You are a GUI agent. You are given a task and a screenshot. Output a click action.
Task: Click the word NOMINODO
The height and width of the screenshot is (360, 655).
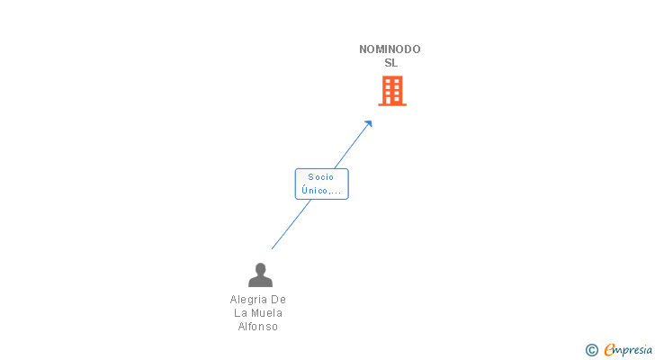pos(390,49)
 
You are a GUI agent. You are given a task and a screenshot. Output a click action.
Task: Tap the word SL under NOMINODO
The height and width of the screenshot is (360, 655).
pos(390,63)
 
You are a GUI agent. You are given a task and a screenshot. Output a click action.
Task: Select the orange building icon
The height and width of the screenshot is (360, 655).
pos(391,91)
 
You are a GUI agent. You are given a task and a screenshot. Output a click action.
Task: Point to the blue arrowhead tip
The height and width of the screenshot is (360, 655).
pos(371,121)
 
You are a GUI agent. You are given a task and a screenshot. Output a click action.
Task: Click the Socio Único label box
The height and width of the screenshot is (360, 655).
pos(321,184)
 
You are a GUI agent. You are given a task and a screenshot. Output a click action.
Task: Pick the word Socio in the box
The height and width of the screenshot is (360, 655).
pos(320,177)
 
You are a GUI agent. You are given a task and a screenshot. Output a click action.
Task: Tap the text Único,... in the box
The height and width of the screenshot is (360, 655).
pos(321,190)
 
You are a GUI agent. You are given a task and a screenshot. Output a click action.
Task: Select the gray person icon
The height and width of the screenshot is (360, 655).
pos(260,274)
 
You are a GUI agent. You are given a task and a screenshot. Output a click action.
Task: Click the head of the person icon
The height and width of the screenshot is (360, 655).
pos(260,268)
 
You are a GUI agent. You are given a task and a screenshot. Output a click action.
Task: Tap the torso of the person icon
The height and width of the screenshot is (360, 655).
pos(260,281)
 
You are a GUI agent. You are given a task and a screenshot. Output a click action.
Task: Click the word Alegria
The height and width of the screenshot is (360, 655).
pos(248,299)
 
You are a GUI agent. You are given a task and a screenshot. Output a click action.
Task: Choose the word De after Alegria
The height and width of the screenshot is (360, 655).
pos(278,299)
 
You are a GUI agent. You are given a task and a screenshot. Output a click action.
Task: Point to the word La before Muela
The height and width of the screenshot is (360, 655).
pos(240,312)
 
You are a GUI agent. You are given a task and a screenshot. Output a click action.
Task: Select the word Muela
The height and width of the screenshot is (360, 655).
pos(266,312)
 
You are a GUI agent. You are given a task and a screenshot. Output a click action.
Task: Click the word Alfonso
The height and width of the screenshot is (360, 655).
pos(258,327)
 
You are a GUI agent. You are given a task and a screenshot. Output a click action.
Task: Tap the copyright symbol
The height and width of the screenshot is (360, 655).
pos(592,350)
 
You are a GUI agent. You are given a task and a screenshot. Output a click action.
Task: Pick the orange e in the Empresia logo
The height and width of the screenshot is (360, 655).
pos(609,350)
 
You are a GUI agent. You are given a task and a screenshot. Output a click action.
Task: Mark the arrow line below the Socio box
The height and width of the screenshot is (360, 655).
pos(290,225)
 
